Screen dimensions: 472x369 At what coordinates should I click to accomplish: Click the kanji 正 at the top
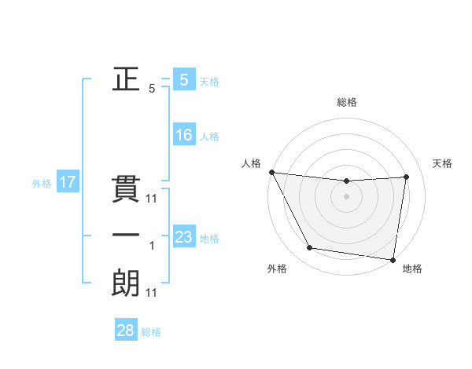(125, 79)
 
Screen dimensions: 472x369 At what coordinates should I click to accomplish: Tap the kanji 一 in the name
(125, 236)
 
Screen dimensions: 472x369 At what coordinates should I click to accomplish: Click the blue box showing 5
(183, 79)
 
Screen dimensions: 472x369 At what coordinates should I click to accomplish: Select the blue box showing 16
(183, 135)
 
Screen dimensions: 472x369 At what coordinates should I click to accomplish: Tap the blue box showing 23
(183, 237)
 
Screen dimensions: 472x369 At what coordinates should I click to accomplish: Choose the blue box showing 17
(67, 183)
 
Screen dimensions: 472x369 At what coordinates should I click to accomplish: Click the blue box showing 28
(125, 331)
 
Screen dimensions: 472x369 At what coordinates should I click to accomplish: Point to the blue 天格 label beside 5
(209, 81)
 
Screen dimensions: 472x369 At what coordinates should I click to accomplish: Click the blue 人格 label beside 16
(209, 137)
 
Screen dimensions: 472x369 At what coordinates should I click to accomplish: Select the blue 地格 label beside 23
(209, 239)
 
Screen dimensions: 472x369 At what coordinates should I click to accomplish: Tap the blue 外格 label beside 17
(42, 184)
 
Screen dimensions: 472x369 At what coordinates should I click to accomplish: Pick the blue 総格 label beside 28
(151, 332)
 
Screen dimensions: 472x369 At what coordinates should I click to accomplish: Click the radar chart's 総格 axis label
(346, 102)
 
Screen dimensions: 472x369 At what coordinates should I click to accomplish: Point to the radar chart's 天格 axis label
(442, 163)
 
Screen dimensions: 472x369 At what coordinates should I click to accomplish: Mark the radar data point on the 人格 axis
(271, 172)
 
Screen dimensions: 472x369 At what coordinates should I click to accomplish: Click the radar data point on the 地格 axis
(392, 259)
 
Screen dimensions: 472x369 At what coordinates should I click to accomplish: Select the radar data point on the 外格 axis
(310, 248)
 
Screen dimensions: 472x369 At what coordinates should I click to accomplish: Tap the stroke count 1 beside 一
(152, 247)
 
